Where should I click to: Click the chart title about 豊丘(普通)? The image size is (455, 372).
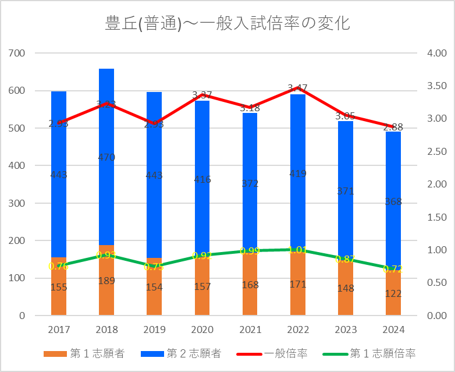(227, 24)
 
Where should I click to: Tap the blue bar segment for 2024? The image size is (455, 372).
(393, 175)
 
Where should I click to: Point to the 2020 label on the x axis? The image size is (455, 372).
(202, 330)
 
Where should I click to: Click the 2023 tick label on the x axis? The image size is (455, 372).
(345, 330)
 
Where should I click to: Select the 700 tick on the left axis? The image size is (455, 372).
(18, 54)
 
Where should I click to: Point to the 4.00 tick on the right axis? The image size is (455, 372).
(436, 54)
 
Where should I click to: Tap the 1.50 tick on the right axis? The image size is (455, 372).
(436, 218)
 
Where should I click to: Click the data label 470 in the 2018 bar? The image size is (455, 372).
(106, 157)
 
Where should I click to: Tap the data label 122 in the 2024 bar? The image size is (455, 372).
(393, 293)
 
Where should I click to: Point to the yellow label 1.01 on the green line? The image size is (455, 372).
(297, 250)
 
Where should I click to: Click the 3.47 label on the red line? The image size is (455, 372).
(297, 88)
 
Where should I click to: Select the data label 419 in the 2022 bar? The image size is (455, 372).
(297, 173)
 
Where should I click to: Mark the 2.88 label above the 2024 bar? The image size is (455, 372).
(393, 127)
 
